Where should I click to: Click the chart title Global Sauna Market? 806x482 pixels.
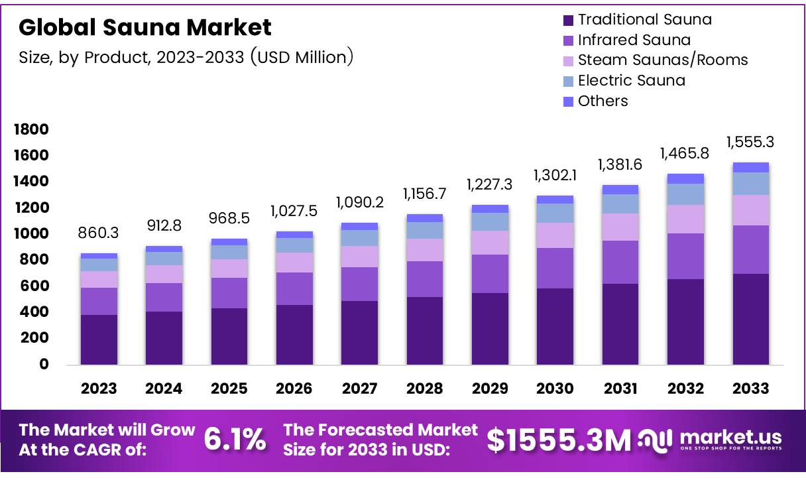(x=145, y=27)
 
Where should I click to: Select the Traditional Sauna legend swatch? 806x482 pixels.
(x=567, y=20)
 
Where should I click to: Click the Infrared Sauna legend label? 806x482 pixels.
(x=634, y=40)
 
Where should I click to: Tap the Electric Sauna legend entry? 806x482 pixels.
(x=631, y=81)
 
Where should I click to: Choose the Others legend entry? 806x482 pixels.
(x=603, y=101)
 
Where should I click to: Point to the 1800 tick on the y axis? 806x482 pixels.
(x=31, y=129)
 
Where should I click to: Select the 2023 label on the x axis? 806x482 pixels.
(x=99, y=389)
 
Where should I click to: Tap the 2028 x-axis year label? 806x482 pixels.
(x=425, y=389)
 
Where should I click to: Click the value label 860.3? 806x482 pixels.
(x=99, y=233)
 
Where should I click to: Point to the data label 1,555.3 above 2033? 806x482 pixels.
(x=750, y=142)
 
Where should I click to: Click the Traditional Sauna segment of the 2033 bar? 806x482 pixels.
(x=750, y=318)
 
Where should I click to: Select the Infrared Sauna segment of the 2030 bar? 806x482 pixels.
(x=555, y=268)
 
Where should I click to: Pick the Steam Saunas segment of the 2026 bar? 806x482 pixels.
(x=294, y=262)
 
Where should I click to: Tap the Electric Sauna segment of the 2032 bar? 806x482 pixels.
(x=685, y=194)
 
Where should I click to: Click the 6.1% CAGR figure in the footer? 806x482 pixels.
(x=235, y=440)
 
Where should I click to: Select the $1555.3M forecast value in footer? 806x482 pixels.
(x=559, y=440)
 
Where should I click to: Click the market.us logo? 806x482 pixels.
(x=710, y=439)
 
